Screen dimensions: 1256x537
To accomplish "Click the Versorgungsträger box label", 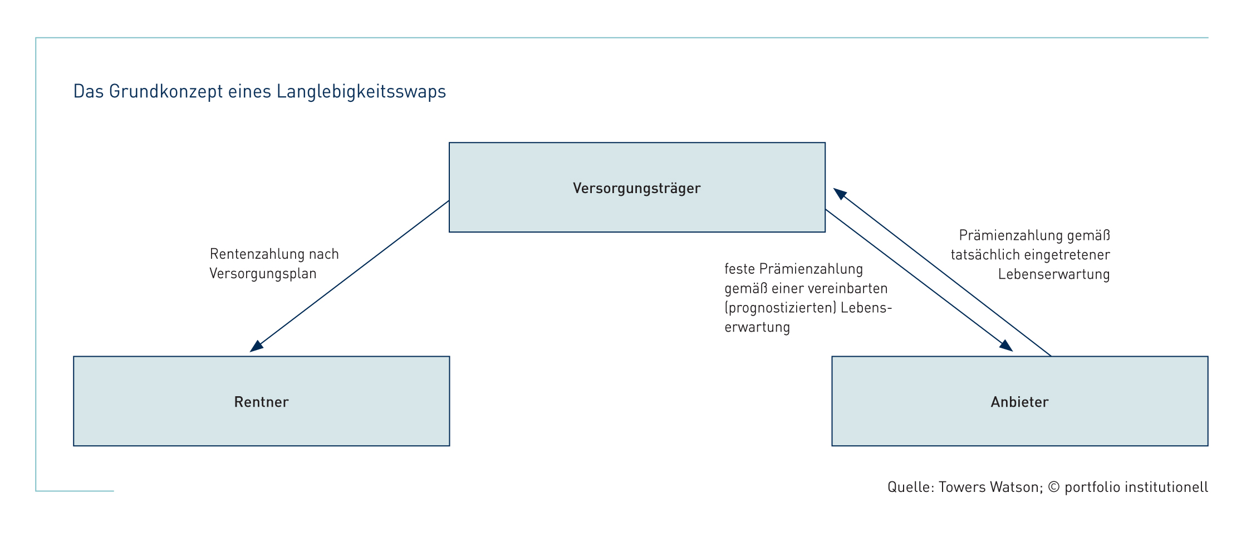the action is [636, 189].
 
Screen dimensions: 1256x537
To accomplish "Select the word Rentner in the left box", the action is [261, 402].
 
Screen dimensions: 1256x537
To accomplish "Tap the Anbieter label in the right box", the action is [1019, 402].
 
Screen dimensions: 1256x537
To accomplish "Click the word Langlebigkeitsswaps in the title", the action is [361, 91].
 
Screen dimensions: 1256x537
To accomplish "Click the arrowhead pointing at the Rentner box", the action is [257, 346].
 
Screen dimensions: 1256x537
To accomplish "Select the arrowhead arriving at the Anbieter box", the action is [1006, 345].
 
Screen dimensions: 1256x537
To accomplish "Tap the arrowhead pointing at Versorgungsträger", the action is [840, 194].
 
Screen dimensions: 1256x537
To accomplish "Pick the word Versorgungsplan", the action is [263, 274].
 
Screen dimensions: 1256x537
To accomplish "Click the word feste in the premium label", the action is [739, 269].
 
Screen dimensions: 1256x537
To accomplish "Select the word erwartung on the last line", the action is [757, 327].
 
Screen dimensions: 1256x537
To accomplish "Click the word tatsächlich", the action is [986, 255].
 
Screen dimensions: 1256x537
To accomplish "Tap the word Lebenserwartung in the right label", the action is [1054, 274].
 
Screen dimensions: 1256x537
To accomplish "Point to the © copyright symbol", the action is [1053, 487].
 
